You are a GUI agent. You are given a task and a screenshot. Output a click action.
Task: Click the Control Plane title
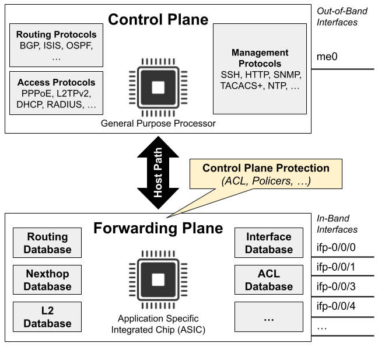point(157,19)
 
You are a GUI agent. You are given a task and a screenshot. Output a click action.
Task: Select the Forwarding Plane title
point(158,228)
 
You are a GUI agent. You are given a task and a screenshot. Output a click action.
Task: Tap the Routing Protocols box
point(57,46)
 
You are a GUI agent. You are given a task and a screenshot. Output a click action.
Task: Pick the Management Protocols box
point(260,69)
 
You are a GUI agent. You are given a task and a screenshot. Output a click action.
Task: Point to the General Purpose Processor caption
point(158,123)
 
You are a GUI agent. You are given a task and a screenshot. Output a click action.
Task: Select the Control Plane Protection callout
point(265,174)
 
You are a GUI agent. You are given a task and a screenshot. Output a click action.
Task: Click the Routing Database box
point(47,243)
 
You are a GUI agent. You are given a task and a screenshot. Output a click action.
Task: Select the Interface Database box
point(268,243)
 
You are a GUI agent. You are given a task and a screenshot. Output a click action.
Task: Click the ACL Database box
point(268,280)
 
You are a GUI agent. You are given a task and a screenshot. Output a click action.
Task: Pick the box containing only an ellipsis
point(268,317)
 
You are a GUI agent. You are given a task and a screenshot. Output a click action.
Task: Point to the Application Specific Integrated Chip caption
point(158,324)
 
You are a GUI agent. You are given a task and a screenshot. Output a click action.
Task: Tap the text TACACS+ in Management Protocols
point(241,85)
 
